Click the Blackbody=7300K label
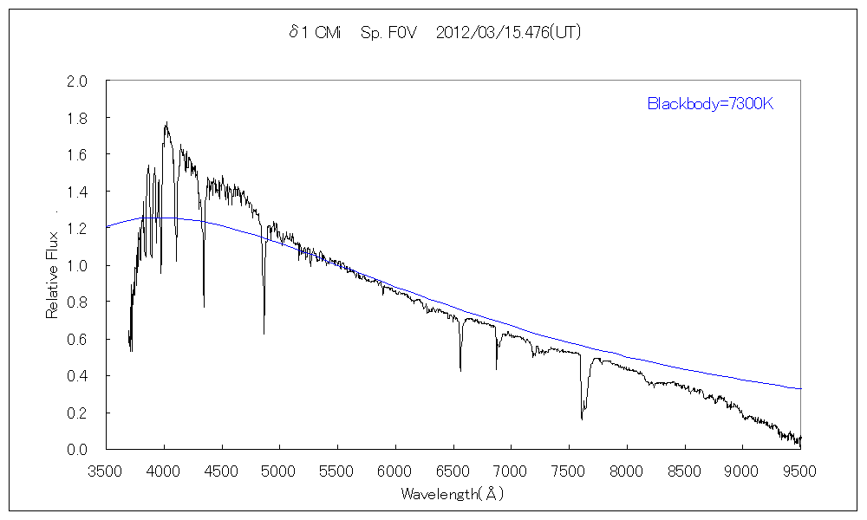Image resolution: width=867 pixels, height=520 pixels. coord(709,104)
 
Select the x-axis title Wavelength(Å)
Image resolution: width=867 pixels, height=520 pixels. coord(452,495)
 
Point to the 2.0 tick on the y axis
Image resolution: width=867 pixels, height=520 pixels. coord(78,81)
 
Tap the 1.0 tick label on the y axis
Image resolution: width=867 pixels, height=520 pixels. coord(78,265)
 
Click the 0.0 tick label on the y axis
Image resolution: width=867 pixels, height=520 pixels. coord(78,450)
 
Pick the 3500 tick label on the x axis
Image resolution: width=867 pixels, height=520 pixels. coord(106,471)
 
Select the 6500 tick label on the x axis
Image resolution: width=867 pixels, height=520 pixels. coord(453,471)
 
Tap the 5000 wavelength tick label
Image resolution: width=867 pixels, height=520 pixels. coord(279,471)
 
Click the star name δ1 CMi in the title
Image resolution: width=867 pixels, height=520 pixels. coord(315,34)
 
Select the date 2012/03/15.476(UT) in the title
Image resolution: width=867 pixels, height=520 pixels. coord(508,34)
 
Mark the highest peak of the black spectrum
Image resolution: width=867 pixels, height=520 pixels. coord(166,123)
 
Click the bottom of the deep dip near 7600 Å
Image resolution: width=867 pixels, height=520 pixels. coord(582,419)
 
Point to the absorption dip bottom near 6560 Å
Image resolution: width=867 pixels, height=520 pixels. coord(460,370)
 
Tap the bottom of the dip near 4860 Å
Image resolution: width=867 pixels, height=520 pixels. coord(264,333)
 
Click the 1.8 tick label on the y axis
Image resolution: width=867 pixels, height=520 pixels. coord(78,118)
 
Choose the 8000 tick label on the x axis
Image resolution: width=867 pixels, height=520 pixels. coord(626,471)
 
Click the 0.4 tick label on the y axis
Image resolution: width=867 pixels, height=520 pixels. coord(78,376)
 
